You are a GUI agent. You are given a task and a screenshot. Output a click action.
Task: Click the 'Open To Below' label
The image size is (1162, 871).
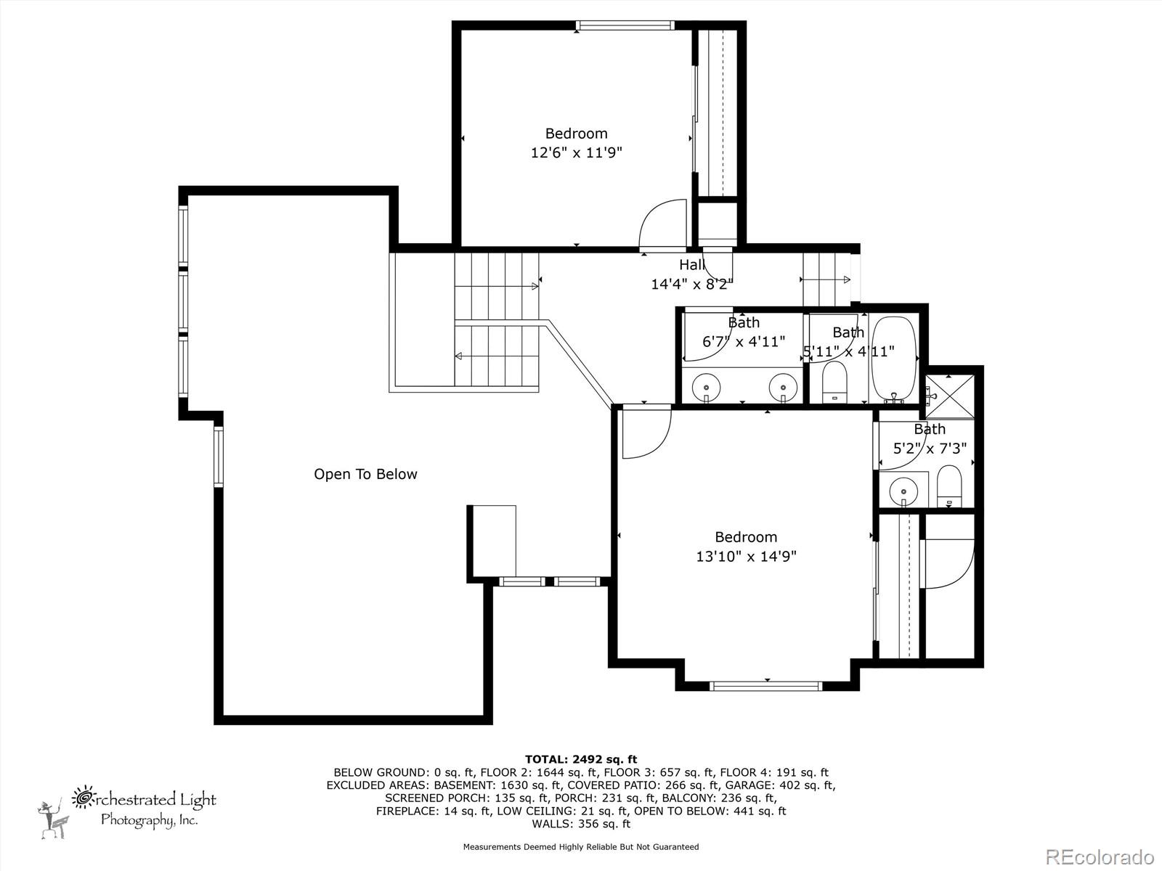(x=365, y=474)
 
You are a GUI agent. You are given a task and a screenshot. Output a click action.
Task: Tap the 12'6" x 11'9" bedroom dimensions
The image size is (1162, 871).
(x=577, y=153)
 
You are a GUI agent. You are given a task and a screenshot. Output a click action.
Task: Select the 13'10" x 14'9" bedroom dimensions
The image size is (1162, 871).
(x=746, y=557)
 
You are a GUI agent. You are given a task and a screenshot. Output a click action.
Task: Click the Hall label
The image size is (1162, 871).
(x=691, y=265)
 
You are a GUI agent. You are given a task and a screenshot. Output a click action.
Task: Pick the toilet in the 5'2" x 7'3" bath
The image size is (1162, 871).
(x=948, y=486)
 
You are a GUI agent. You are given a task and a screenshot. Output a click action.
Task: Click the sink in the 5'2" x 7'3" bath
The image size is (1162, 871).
(x=903, y=489)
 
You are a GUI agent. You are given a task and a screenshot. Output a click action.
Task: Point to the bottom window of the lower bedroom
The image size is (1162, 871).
(x=765, y=685)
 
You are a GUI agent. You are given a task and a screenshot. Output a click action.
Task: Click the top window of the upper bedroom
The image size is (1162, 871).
(x=623, y=25)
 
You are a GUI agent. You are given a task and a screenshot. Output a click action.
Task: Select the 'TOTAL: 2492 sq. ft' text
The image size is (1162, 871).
(x=581, y=759)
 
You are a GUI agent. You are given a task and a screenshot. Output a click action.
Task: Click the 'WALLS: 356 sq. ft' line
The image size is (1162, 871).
(x=581, y=824)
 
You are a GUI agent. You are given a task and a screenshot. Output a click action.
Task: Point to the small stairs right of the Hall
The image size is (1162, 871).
(x=826, y=279)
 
